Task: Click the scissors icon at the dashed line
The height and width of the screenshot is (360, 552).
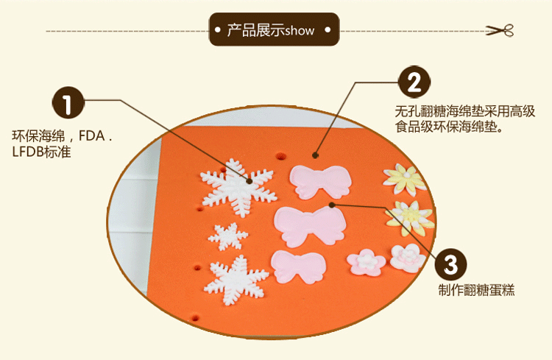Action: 498,30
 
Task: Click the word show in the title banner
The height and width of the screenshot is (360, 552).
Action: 300,31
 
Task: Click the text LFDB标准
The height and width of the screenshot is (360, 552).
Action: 42,152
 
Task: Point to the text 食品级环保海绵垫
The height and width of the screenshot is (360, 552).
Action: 448,127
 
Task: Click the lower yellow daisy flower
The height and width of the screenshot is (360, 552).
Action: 409,216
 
